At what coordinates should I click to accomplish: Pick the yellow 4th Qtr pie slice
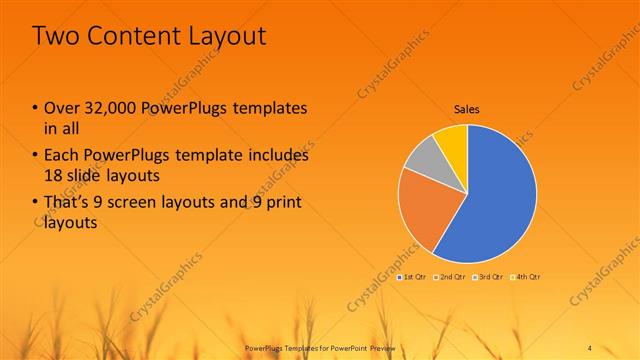453,141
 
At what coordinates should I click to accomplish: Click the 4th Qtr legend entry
524,277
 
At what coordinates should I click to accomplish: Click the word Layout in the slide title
224,36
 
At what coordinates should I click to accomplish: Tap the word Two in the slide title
54,36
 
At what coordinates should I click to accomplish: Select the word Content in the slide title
129,36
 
